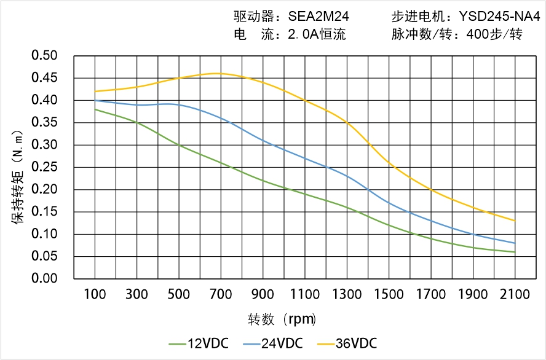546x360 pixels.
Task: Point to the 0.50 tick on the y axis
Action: (44, 56)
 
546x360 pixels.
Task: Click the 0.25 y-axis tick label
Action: (44, 167)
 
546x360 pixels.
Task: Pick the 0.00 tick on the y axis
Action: (44, 279)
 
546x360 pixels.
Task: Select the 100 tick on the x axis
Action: (95, 294)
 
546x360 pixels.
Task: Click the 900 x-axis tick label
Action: (263, 294)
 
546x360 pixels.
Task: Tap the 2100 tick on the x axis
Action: (515, 294)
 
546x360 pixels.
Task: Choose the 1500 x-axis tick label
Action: (389, 294)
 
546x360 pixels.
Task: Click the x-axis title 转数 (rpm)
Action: (282, 319)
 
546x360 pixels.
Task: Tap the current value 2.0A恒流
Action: (317, 34)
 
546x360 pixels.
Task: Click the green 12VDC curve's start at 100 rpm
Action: (95, 109)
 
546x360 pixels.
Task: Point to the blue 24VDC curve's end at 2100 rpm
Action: (515, 243)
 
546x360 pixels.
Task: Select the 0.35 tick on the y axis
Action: (44, 123)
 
